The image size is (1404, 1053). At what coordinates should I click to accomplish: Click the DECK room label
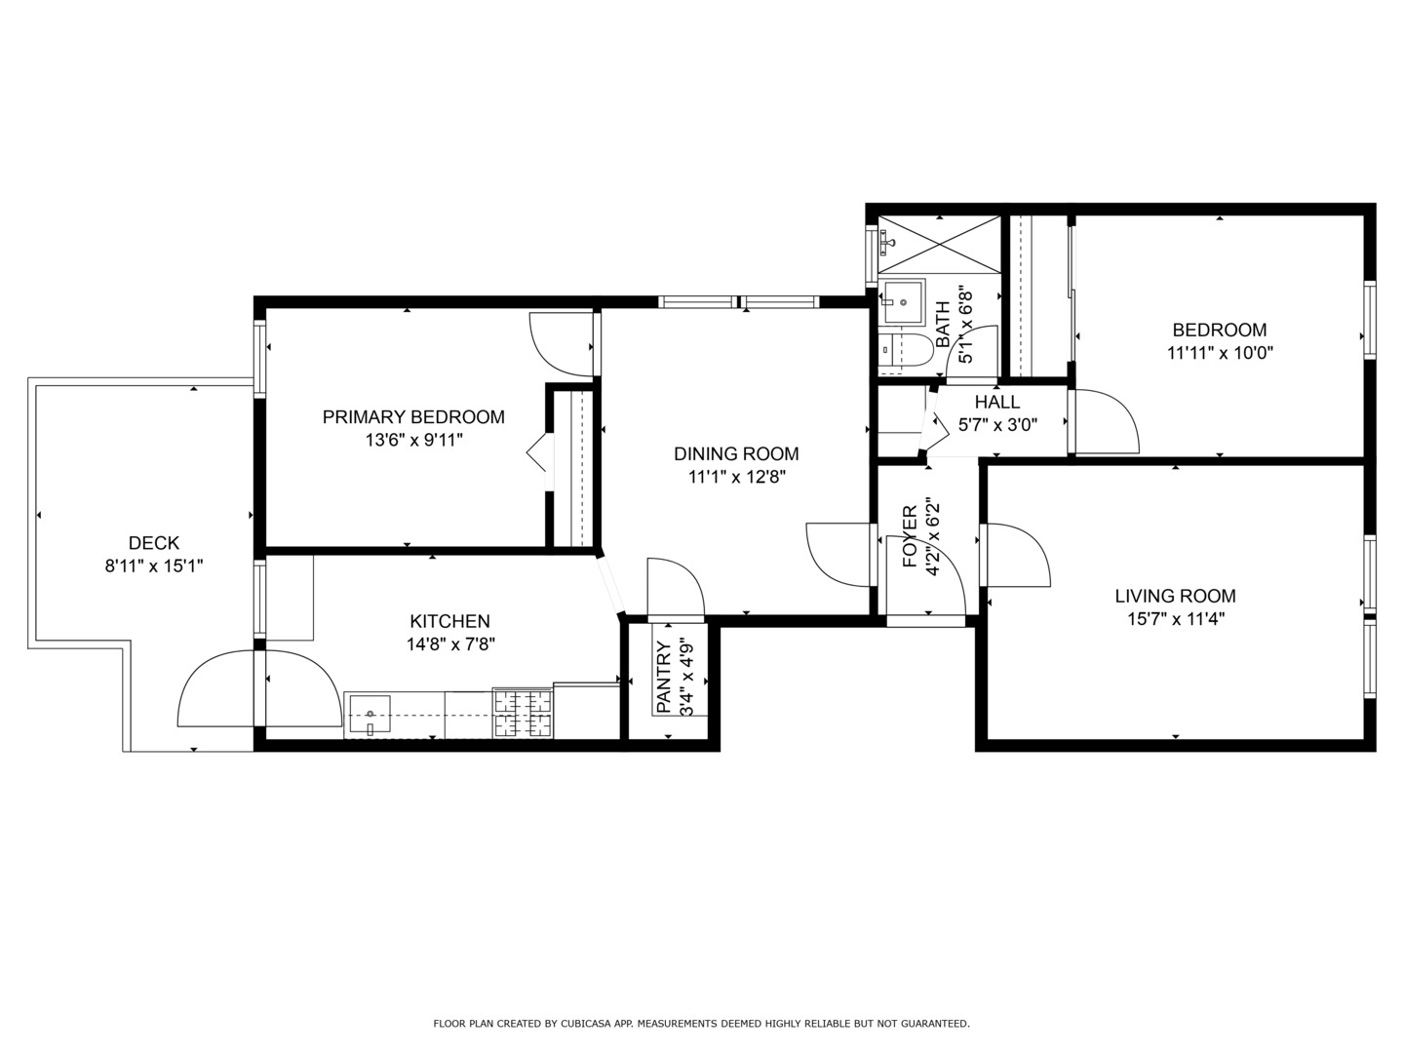click(x=154, y=543)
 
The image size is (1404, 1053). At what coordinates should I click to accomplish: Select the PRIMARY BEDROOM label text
click(x=413, y=417)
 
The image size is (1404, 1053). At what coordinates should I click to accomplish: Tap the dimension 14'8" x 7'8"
click(x=449, y=644)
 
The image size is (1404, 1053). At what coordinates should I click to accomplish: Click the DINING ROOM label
click(x=736, y=453)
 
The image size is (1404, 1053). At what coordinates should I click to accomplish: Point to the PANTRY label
click(x=663, y=677)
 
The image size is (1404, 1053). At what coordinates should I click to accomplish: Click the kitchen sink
click(x=369, y=715)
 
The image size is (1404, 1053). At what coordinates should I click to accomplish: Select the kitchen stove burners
click(x=524, y=714)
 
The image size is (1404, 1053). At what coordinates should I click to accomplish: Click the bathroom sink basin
click(x=901, y=302)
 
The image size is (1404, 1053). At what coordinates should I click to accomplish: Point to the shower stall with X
click(x=938, y=244)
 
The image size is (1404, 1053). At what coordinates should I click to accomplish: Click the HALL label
click(x=997, y=402)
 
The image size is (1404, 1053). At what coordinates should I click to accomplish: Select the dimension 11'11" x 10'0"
click(x=1220, y=353)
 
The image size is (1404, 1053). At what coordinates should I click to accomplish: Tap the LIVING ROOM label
click(x=1175, y=596)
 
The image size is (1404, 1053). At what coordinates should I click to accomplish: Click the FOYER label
click(x=909, y=536)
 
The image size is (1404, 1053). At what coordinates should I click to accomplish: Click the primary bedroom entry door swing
click(x=561, y=343)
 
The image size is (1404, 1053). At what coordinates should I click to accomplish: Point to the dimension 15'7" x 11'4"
click(x=1175, y=618)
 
